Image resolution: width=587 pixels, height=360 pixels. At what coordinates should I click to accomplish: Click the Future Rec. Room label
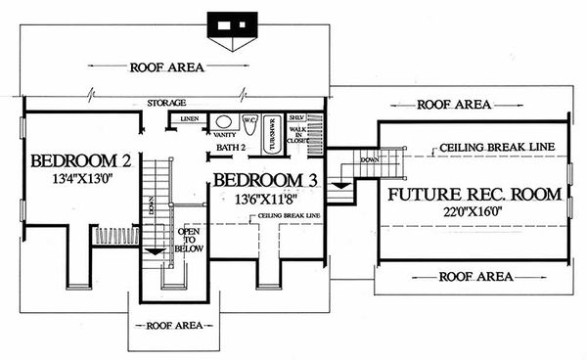474,195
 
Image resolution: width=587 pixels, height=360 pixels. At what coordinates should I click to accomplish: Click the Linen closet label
190,118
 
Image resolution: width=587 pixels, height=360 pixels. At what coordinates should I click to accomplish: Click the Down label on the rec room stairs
369,158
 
